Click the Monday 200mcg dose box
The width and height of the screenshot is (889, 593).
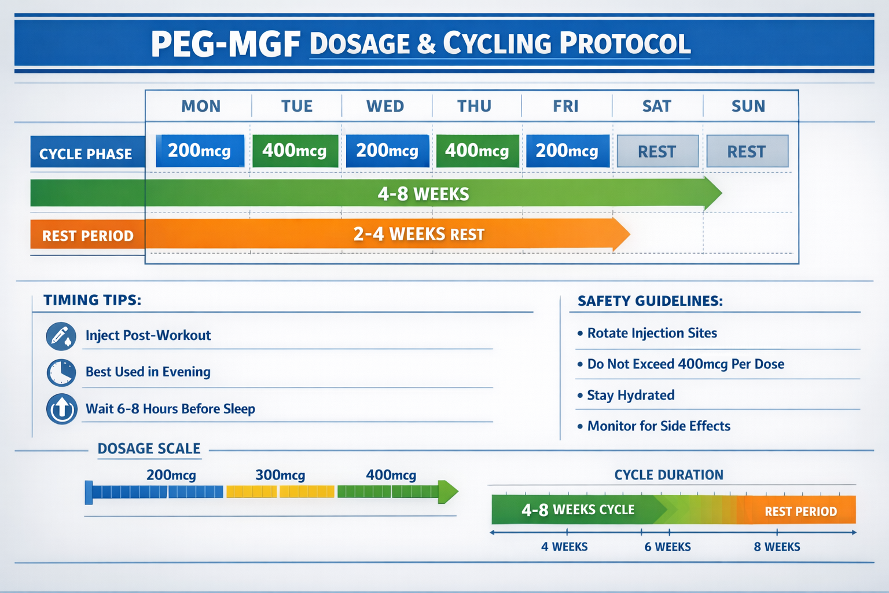tap(200, 151)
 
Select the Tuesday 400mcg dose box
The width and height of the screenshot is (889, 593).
tap(295, 151)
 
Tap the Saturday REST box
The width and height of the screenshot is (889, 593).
tap(657, 152)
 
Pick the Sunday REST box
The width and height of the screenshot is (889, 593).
tap(747, 152)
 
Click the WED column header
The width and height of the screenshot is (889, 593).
tap(385, 107)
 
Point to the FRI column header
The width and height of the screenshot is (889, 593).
tap(565, 107)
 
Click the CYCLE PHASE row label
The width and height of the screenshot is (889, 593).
tap(86, 154)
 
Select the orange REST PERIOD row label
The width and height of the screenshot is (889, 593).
tap(87, 236)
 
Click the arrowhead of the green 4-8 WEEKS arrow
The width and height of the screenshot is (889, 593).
tap(712, 193)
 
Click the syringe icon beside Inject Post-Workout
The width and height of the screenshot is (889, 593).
tap(61, 336)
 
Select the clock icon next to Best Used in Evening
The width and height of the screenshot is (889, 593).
tap(61, 372)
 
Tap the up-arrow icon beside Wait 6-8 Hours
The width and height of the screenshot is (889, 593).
tap(61, 409)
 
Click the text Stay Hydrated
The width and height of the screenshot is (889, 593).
tap(631, 396)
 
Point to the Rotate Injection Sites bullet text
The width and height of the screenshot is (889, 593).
tap(652, 334)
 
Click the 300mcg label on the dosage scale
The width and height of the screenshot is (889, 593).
tap(280, 475)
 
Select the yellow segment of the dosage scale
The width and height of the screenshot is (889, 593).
tap(280, 492)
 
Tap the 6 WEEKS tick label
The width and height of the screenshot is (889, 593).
tap(668, 547)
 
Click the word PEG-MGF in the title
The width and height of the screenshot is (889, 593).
tap(226, 45)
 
